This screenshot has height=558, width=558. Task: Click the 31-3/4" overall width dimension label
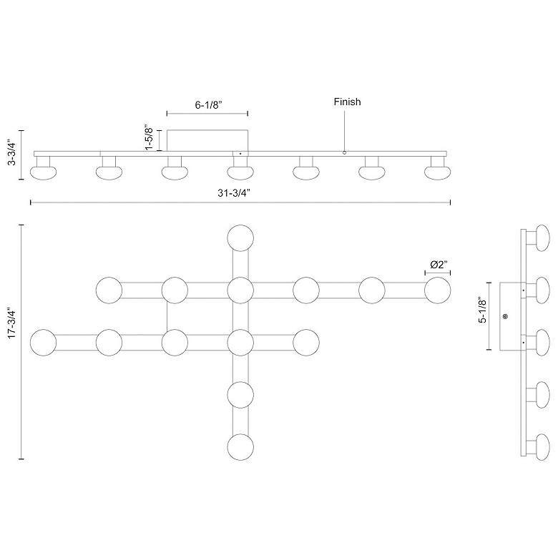234,193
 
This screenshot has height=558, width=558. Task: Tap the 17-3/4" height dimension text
12,324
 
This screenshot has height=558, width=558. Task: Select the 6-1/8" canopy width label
209,105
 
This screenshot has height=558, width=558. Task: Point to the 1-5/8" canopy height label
149,137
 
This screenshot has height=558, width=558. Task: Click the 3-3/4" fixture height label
12,153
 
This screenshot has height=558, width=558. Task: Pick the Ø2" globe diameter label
439,265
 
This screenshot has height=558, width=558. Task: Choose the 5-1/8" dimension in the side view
483,310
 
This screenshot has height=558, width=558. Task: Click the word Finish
348,102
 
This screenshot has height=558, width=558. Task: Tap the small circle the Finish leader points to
344,152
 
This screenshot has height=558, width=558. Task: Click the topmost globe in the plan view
240,238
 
